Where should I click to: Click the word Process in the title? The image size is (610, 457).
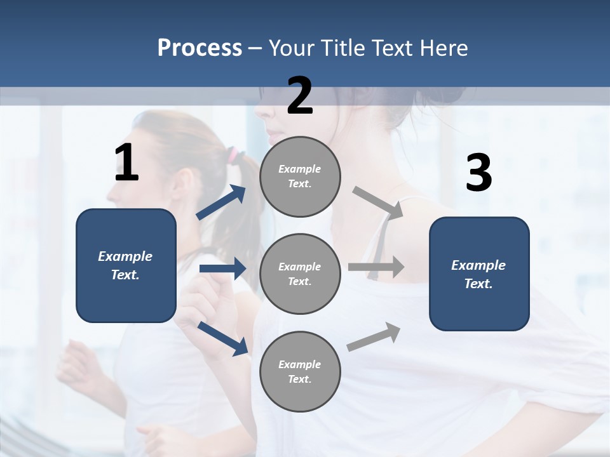(x=200, y=48)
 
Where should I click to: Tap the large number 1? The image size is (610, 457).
(x=126, y=163)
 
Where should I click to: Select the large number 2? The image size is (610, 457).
(x=300, y=96)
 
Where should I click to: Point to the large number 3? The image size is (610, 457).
(x=478, y=173)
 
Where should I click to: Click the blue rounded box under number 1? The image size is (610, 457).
(x=126, y=265)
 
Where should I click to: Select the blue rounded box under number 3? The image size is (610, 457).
(x=479, y=274)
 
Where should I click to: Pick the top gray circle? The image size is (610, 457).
(x=300, y=176)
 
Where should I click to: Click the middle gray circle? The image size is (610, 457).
(x=300, y=274)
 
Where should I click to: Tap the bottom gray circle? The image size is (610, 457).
(x=300, y=371)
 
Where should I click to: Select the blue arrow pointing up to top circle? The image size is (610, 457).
(x=221, y=202)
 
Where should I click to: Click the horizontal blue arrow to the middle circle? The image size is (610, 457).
(x=222, y=268)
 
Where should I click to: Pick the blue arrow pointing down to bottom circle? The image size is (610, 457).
(x=222, y=338)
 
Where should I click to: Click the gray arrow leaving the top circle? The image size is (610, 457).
(x=378, y=202)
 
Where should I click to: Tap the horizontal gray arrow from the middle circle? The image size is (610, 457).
(x=376, y=267)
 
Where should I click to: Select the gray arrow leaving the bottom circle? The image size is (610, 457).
(x=374, y=337)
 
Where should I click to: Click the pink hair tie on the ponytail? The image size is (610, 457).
(x=233, y=154)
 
